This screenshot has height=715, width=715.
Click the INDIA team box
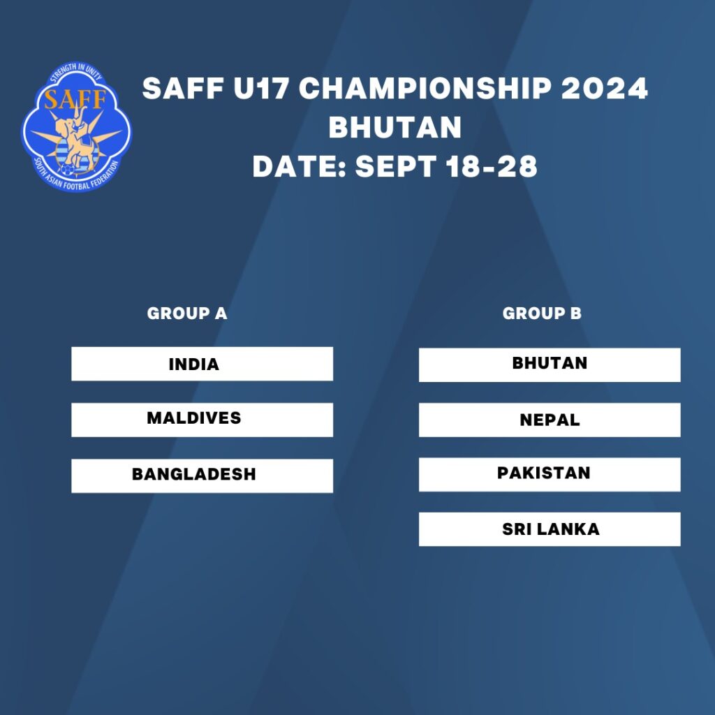click(202, 364)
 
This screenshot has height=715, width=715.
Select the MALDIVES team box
click(202, 420)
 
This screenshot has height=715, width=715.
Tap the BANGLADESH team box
click(202, 476)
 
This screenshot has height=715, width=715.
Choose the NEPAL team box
click(550, 420)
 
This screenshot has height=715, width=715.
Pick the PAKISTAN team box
click(550, 474)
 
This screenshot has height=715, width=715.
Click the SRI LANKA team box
click(550, 529)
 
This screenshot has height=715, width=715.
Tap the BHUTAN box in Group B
click(550, 364)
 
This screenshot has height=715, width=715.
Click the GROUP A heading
click(187, 314)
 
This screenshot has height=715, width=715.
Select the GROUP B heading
click(542, 314)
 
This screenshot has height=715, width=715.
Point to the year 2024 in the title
click(604, 88)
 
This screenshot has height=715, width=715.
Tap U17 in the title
click(261, 88)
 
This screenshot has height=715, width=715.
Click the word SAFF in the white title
click(183, 88)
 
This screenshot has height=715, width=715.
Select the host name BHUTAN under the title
click(395, 127)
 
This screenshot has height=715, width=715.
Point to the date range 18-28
click(492, 166)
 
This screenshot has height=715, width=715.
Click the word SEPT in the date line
click(395, 166)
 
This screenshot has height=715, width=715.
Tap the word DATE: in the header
click(300, 166)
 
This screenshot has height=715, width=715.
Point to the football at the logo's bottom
click(68, 170)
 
